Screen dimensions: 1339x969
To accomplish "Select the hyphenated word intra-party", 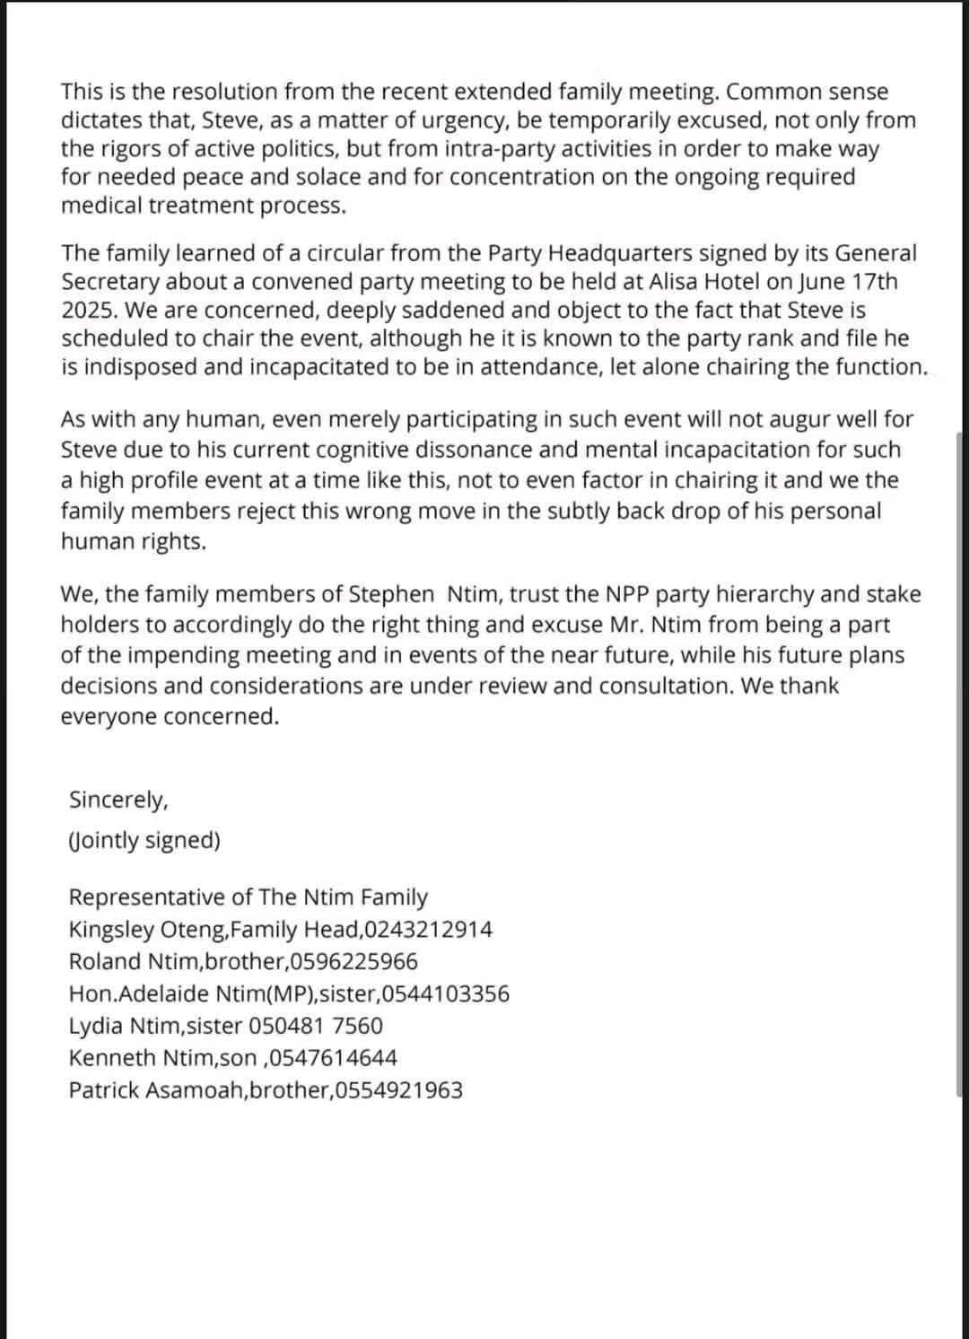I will click(x=501, y=149).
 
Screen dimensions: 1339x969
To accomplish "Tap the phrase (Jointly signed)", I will click(x=144, y=840).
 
